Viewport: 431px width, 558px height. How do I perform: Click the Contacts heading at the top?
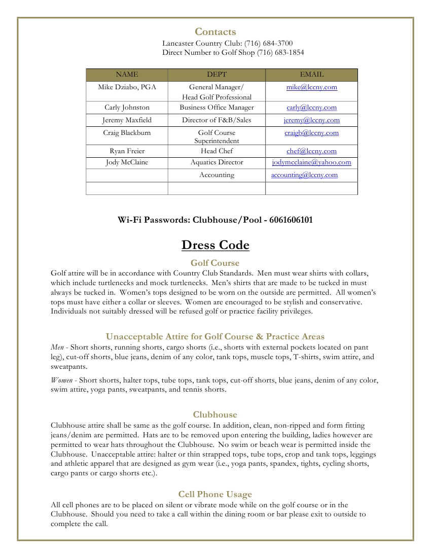coord(215,32)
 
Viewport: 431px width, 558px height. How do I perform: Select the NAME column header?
coord(127,75)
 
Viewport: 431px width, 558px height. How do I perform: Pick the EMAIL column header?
coord(311,75)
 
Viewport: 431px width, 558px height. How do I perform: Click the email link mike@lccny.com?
coord(311,87)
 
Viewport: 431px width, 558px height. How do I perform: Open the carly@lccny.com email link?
coord(311,108)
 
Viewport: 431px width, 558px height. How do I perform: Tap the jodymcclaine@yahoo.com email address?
coord(311,162)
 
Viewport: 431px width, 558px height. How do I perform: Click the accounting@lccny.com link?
coord(304,175)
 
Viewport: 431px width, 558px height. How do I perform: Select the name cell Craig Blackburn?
coord(127,133)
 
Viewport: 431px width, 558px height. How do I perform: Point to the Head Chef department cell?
coord(217,151)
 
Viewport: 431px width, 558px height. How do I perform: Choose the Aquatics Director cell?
coord(217,162)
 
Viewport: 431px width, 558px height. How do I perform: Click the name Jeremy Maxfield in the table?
coord(127,120)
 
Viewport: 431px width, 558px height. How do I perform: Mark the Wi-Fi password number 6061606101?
coord(291,220)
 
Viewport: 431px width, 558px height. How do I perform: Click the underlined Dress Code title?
coord(215,246)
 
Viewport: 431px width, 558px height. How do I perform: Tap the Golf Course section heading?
coord(215,263)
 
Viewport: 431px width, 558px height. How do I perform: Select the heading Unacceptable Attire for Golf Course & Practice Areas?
coord(215,336)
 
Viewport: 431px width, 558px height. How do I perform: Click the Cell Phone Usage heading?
coord(215,494)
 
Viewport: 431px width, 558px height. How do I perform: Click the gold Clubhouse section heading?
coord(215,414)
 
